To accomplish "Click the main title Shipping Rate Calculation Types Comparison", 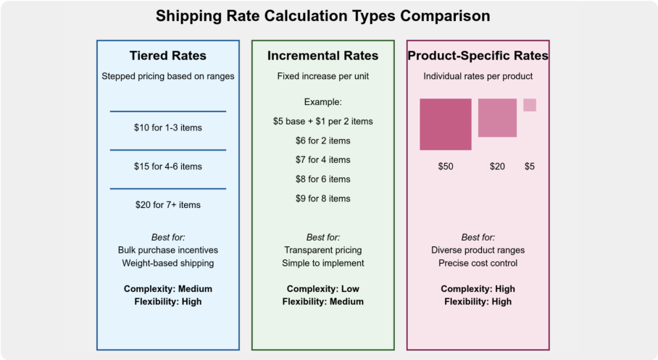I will click(323, 16).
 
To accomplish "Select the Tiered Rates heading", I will click(167, 56).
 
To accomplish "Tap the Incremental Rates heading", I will click(322, 56).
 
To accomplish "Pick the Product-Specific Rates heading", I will click(478, 56).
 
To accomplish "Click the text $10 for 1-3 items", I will click(167, 127).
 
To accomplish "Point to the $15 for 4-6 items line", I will click(167, 167).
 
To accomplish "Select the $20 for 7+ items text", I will click(167, 205).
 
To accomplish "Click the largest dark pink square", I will click(446, 124).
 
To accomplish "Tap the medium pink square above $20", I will click(497, 117).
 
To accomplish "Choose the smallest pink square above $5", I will click(530, 105).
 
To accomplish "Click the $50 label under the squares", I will click(446, 167).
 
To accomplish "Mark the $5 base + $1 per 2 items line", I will click(322, 121).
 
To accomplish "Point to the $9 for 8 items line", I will click(322, 198).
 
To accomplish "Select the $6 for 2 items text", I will click(322, 141).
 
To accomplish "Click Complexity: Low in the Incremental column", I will click(322, 289).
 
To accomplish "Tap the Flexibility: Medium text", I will click(322, 301).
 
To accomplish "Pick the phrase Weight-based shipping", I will click(167, 263).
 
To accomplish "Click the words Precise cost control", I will click(478, 263).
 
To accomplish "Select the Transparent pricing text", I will click(322, 250).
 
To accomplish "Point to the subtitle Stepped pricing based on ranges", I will click(167, 76).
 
